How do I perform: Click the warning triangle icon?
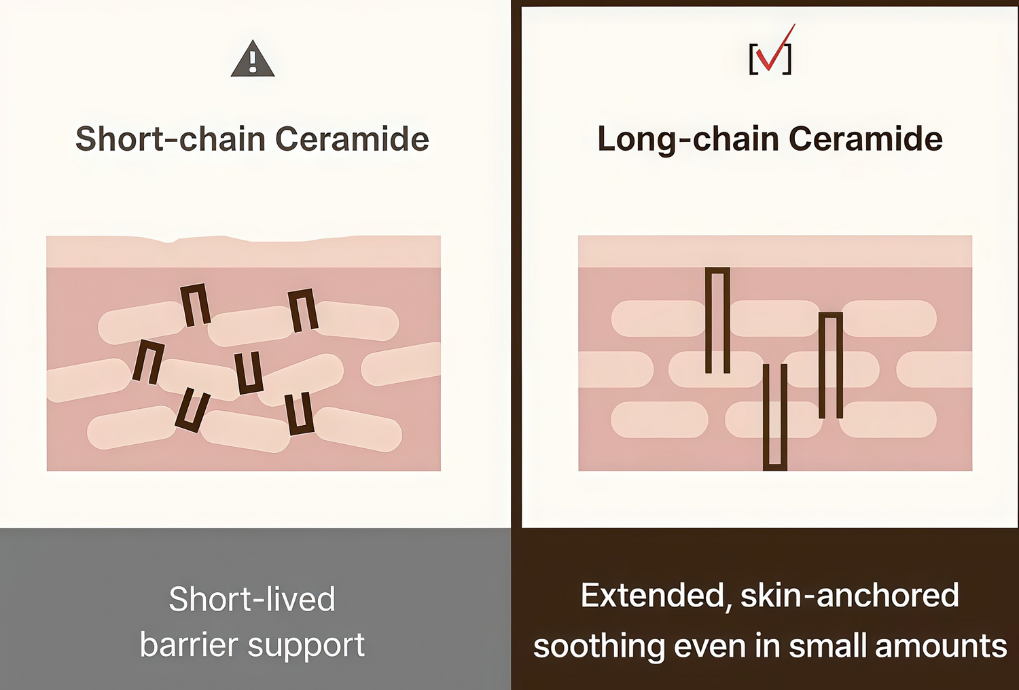click(x=253, y=59)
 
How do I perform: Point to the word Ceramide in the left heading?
click(x=353, y=139)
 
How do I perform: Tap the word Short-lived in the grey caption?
click(x=252, y=599)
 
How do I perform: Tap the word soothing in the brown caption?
click(x=599, y=647)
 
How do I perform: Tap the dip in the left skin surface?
click(x=170, y=242)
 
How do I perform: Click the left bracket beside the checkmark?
click(x=753, y=59)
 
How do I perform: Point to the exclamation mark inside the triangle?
click(x=253, y=62)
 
